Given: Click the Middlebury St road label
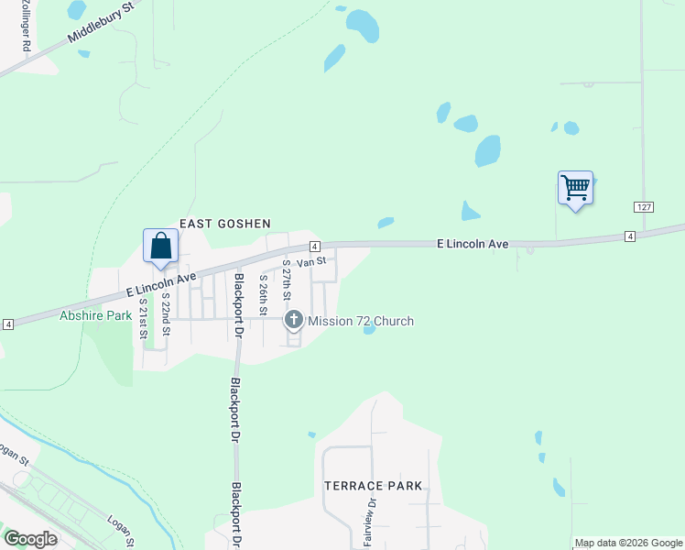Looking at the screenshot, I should pos(102,23).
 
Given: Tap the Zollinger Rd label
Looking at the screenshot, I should pos(27,26).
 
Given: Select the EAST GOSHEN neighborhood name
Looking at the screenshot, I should pos(225,224).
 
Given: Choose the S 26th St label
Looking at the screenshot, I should pos(263,294).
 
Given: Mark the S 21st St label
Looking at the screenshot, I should pos(144,317).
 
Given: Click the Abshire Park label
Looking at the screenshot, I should pos(96,315).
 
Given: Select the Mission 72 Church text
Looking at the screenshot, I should pos(361,321).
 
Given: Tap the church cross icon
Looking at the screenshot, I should pos(294,320).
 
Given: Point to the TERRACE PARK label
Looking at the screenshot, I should pos(374,486).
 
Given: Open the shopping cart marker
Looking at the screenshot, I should pos(575,189).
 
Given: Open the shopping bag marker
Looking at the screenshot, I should pos(160,247).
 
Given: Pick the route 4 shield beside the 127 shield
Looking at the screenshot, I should pos(630,236).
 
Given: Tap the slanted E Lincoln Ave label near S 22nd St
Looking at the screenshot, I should pos(161,284).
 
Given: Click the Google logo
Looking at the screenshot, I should pos(30,539).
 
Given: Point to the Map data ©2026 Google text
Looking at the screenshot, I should pos(628,543).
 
